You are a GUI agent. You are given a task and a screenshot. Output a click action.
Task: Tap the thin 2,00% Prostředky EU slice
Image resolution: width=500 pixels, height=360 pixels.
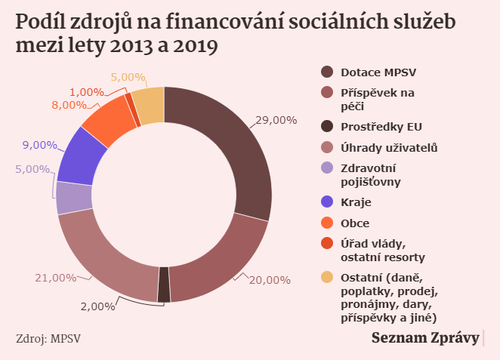tap(164, 285)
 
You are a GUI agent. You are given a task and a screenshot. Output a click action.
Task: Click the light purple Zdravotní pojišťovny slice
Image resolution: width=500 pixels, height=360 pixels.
tap(74, 198)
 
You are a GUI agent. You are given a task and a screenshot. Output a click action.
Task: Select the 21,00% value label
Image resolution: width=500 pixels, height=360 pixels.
tap(56, 278)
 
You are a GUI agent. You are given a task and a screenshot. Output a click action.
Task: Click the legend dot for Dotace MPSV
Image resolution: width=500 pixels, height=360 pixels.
tap(327, 72)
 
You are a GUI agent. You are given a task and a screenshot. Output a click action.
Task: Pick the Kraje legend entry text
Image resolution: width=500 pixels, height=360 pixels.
tap(356, 202)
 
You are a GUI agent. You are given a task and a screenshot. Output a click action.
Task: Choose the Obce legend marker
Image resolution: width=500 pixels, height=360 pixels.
tap(327, 223)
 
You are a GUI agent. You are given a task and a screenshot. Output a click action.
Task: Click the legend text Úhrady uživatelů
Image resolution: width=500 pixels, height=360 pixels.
tap(388, 147)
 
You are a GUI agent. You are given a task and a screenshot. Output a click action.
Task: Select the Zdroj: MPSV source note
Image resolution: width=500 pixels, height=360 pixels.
tap(48, 338)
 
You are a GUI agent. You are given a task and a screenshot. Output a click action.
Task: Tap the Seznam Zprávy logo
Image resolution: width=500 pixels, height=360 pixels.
tap(425, 338)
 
